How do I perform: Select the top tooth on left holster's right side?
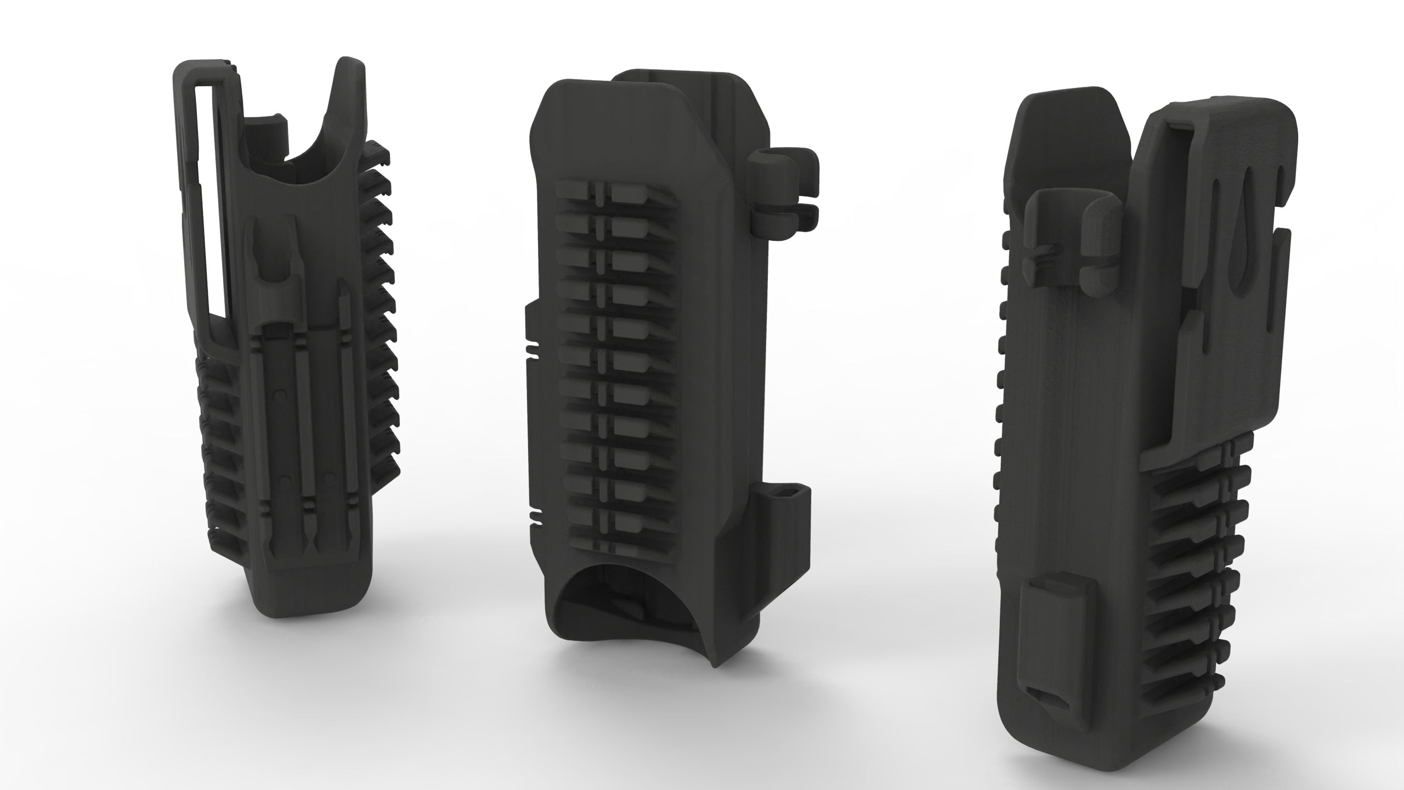(x=378, y=148)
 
